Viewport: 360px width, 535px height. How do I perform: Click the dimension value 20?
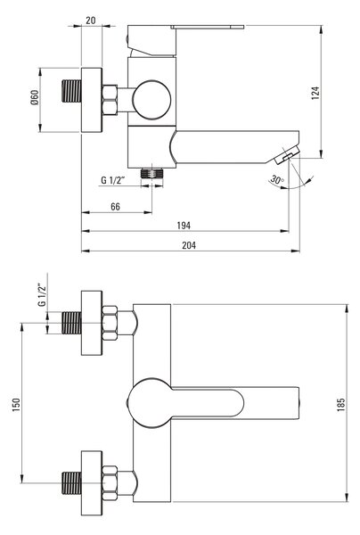pos(91,21)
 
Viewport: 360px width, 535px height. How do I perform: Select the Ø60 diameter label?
pos(35,97)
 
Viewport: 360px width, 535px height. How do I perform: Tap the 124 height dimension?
pos(315,93)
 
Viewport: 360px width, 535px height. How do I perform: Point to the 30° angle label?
pos(277,179)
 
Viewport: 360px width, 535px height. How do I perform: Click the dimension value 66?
pos(115,207)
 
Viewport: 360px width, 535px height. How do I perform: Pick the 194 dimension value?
pos(184,226)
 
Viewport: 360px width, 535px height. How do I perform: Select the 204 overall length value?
pos(189,245)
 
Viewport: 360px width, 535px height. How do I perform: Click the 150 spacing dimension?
pos(16,404)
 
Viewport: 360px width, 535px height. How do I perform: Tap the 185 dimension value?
pos(341,404)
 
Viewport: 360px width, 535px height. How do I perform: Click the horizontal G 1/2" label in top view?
pos(113,180)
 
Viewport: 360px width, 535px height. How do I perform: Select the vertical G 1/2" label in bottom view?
pos(42,295)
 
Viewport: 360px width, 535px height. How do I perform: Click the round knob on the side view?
pos(151,100)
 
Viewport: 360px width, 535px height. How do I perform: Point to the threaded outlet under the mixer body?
pos(152,173)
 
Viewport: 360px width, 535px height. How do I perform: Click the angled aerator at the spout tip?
pos(288,154)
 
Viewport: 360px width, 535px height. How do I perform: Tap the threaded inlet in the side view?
pos(71,91)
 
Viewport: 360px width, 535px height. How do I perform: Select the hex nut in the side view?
pos(110,100)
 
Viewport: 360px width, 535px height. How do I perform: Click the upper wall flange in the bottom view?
pos(92,323)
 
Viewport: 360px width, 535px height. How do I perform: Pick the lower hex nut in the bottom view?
pos(110,482)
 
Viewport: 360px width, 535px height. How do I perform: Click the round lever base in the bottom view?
pos(150,403)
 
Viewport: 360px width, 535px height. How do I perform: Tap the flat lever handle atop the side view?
pos(208,27)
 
